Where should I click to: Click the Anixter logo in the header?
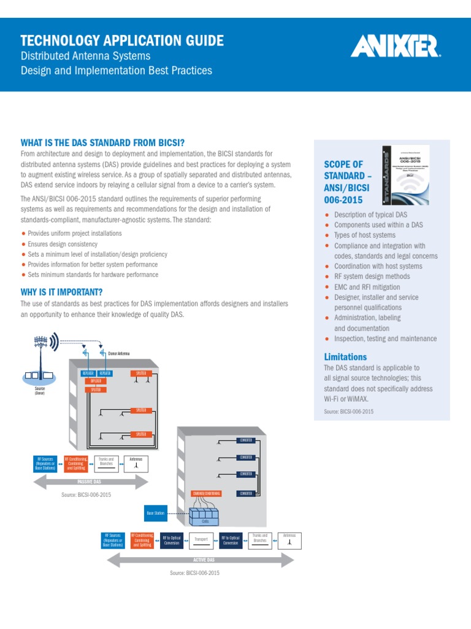pyautogui.click(x=396, y=47)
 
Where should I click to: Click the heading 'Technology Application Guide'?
pyautogui.click(x=122, y=41)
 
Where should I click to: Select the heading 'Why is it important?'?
pyautogui.click(x=62, y=292)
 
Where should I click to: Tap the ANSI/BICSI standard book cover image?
pyautogui.click(x=405, y=175)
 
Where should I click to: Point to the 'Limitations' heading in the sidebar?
pyautogui.click(x=345, y=357)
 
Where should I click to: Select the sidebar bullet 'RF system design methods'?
pyautogui.click(x=372, y=276)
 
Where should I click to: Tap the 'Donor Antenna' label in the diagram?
pyautogui.click(x=119, y=354)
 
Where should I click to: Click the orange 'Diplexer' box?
pyautogui.click(x=96, y=381)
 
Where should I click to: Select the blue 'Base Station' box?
pyautogui.click(x=155, y=512)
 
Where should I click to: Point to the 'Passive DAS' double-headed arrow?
pyautogui.click(x=90, y=482)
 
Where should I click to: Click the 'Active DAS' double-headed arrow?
pyautogui.click(x=202, y=560)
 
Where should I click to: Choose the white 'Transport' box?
pyautogui.click(x=201, y=539)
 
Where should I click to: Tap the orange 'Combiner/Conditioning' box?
pyautogui.click(x=206, y=493)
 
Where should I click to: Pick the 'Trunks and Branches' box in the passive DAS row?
pyautogui.click(x=106, y=462)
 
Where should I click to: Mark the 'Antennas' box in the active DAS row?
pyautogui.click(x=289, y=539)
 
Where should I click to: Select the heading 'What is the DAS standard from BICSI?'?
pyautogui.click(x=103, y=143)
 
